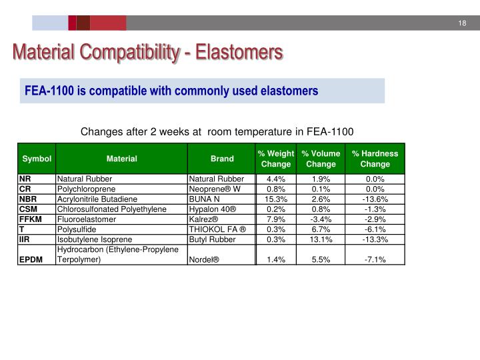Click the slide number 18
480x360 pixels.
coord(461,24)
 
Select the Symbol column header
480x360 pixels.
coord(37,159)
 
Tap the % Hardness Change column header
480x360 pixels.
coord(375,159)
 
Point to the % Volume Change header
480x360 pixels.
coord(321,159)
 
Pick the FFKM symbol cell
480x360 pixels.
coord(31,219)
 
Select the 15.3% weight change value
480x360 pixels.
coord(276,199)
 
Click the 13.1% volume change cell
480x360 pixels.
coord(321,239)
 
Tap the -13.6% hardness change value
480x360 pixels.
coord(375,199)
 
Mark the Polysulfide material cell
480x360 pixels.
coord(77,229)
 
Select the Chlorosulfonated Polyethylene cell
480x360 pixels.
coord(111,209)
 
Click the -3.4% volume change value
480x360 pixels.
coord(321,219)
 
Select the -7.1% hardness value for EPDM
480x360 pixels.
coord(375,260)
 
